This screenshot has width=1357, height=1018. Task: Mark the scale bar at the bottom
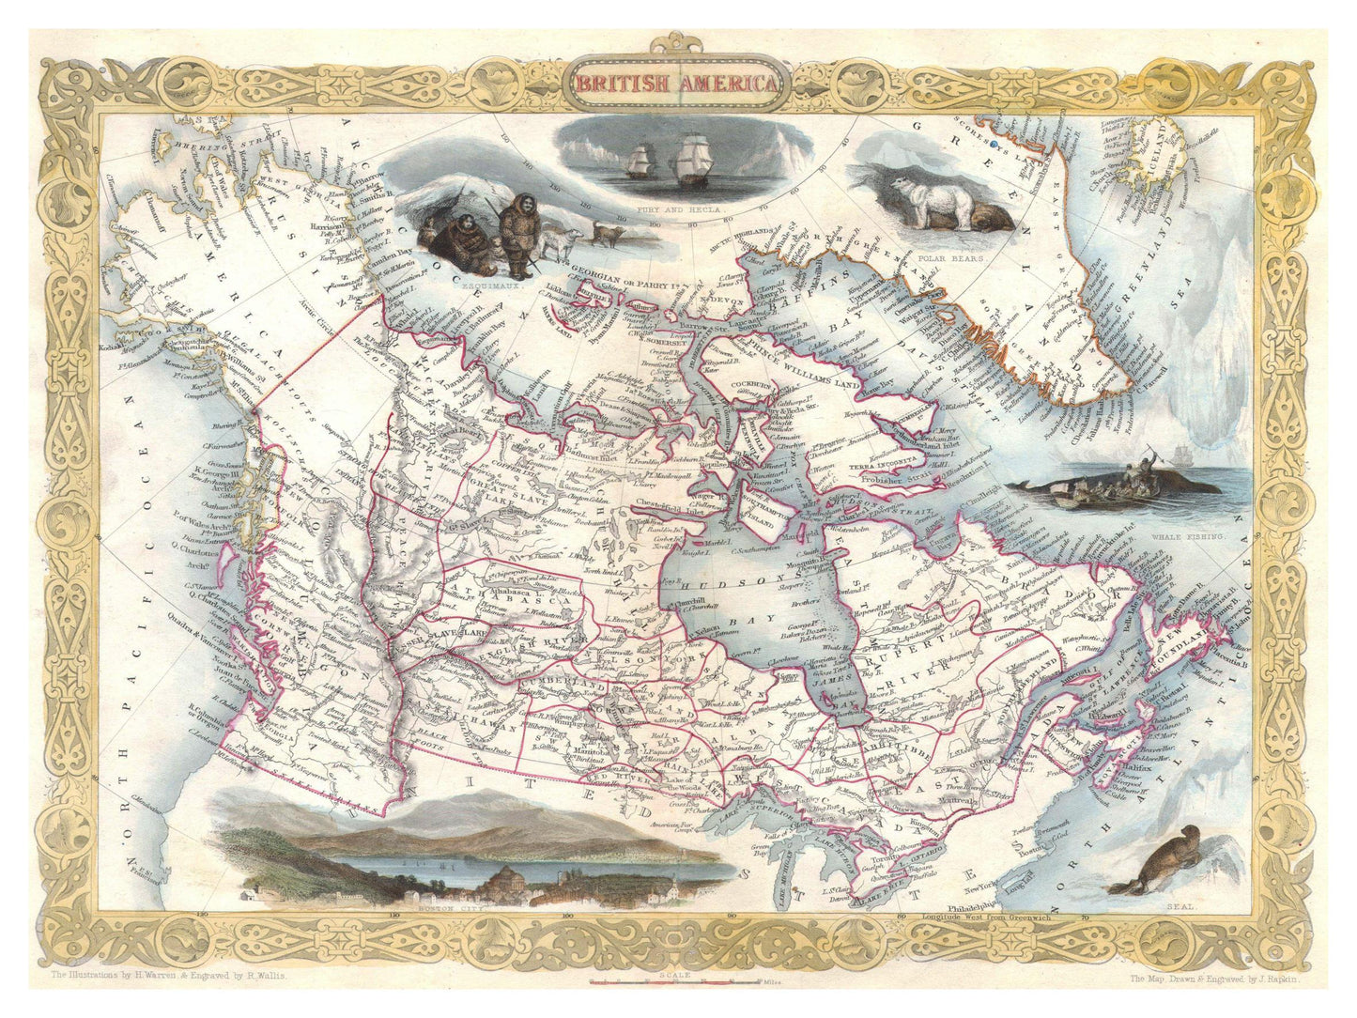pos(674,983)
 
